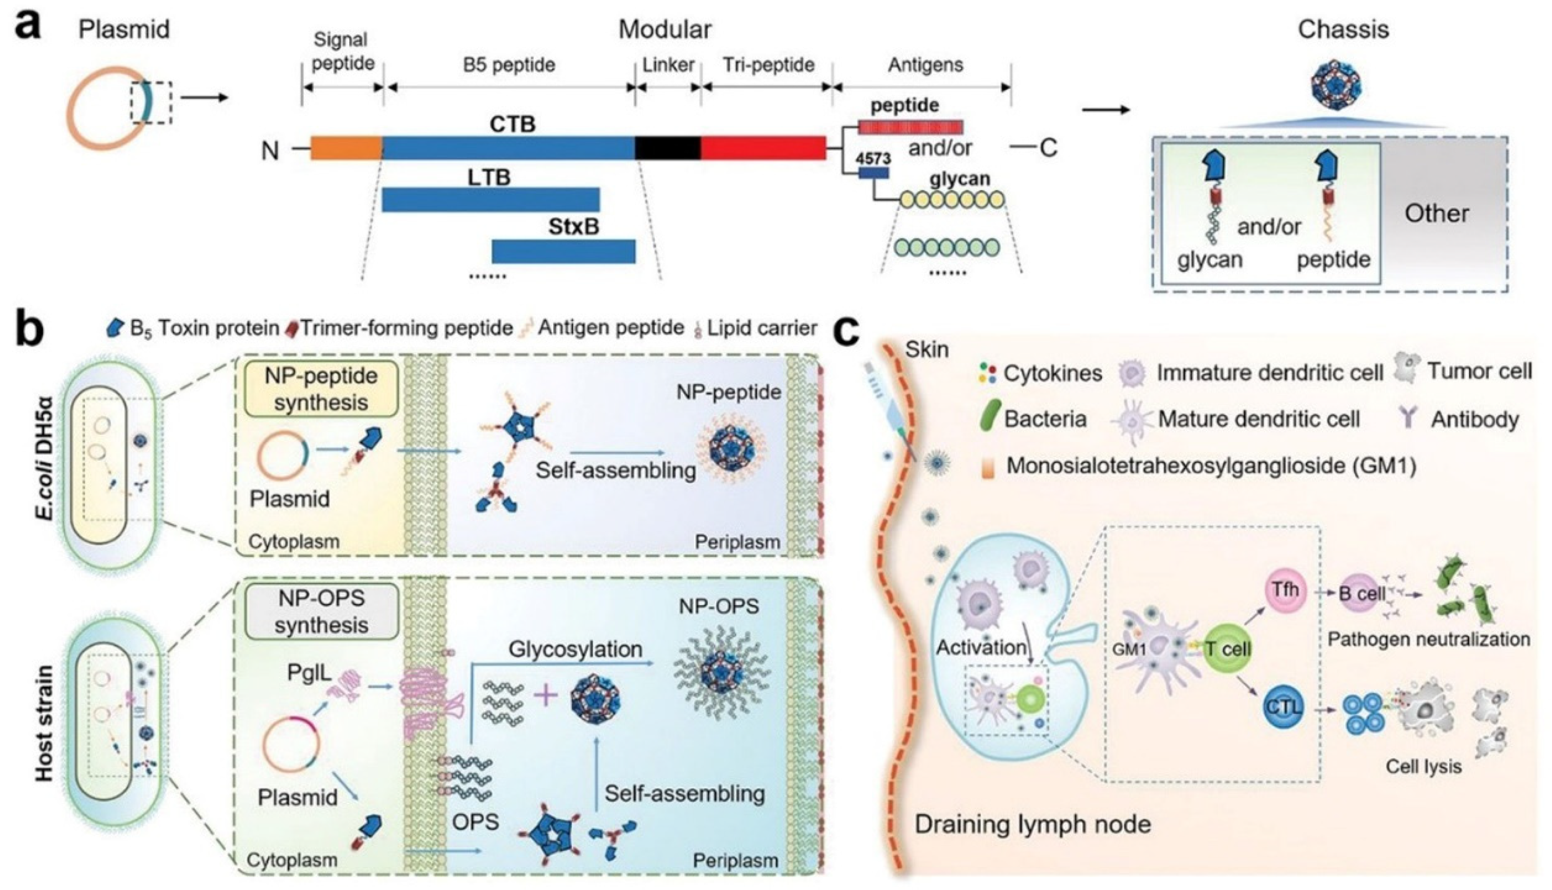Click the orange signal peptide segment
coord(345,148)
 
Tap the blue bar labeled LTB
coord(490,200)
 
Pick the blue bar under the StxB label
coord(563,251)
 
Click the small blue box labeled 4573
coord(873,173)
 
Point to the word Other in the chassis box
coord(1436,213)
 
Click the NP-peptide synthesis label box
coord(321,389)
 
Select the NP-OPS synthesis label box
coord(321,611)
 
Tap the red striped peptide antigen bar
coord(910,127)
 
